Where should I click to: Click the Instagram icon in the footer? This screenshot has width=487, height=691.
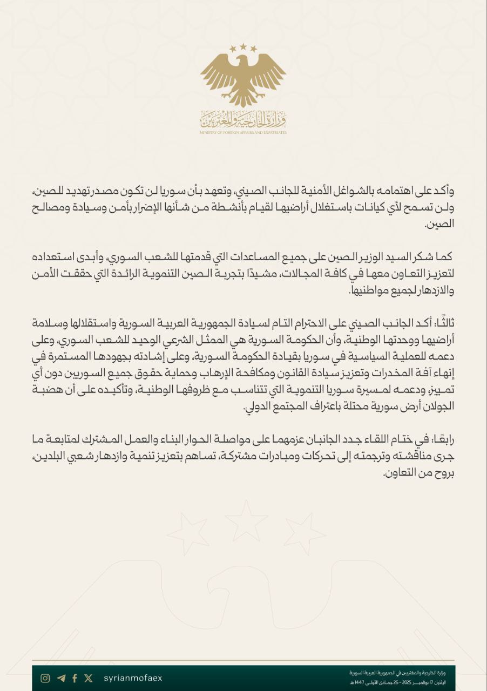click(x=45, y=678)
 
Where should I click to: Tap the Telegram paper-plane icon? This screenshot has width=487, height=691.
click(x=60, y=678)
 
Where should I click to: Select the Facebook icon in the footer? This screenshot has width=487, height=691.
click(x=75, y=678)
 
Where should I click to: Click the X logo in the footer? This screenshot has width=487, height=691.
click(x=89, y=678)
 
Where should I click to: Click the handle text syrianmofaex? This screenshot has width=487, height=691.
click(x=132, y=678)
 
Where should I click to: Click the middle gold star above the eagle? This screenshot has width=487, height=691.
click(x=243, y=47)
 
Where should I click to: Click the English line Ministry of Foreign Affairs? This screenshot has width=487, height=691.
click(x=243, y=132)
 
